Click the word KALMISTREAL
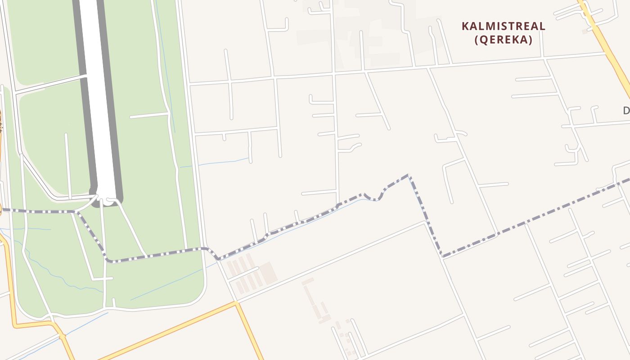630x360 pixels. point(504,26)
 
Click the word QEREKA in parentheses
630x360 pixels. point(504,40)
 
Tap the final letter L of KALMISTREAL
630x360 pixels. point(542,26)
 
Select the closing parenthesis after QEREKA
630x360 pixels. point(531,40)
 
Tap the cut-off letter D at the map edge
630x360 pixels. point(626,110)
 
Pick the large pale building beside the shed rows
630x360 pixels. point(269,273)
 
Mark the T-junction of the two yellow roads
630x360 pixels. point(236,304)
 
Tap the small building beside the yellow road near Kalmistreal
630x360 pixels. point(585,31)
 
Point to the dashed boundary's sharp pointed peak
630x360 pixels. point(408,175)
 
